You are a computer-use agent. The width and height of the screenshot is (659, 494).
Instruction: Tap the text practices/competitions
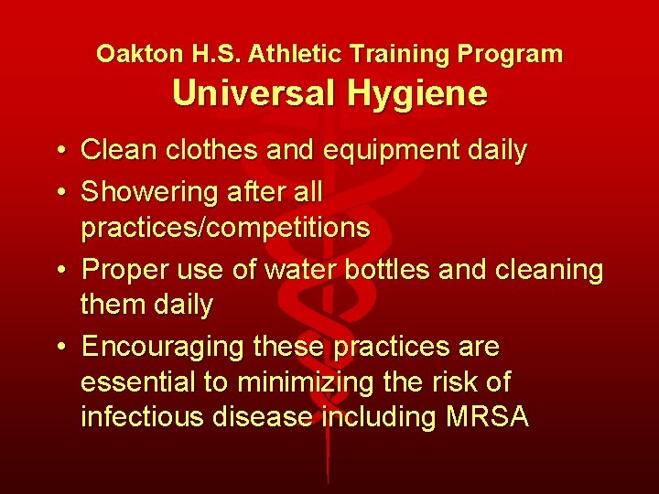pos(225,228)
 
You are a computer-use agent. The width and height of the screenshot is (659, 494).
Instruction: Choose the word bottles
pos(420,270)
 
